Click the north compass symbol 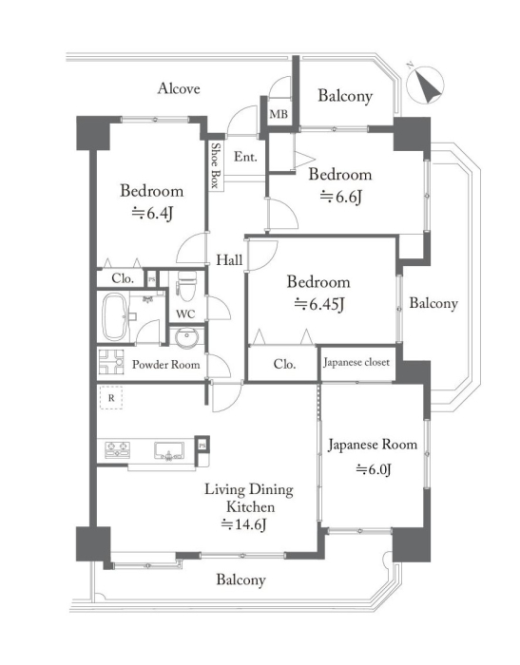425,84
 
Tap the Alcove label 179,88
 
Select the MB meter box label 279,114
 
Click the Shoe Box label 216,165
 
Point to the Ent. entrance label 245,157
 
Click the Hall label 229,259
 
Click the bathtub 114,317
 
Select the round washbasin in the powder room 186,338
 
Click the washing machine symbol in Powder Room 111,362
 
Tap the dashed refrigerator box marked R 111,398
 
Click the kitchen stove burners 117,449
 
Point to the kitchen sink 169,451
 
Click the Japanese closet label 356,362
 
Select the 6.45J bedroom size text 318,304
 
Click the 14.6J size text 243,525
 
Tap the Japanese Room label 373,446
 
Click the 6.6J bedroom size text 341,197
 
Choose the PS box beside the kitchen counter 202,446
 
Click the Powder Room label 165,364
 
